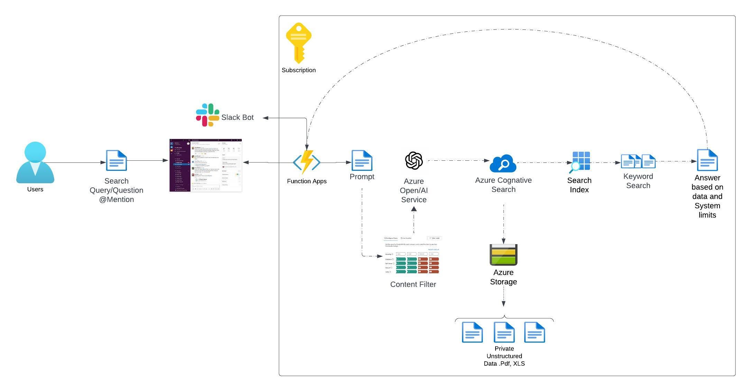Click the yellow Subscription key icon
298,43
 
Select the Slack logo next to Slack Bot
207,115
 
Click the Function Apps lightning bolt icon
307,161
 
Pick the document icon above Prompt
362,160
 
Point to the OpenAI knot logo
414,161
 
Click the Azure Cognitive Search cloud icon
503,163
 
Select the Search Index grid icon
580,162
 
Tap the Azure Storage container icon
503,255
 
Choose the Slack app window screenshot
206,165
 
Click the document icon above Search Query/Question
116,160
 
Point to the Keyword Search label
638,181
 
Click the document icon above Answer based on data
707,160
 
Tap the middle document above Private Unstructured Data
504,332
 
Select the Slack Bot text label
237,117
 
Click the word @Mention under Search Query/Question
116,200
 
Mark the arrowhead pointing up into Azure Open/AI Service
414,209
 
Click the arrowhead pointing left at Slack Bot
266,118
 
